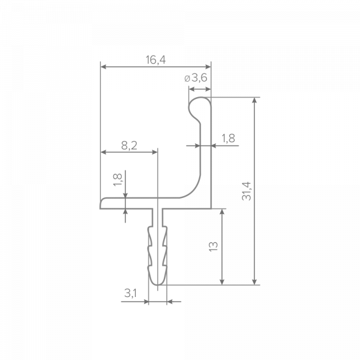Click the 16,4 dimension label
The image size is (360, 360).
pos(155,59)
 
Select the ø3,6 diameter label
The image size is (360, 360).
pos(196,78)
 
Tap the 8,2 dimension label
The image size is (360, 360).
pos(129,145)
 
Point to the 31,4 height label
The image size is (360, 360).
pos(247,191)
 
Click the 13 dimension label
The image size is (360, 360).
pos(214,247)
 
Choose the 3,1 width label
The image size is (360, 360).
pos(130,293)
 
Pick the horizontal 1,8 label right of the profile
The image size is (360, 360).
pos(228,138)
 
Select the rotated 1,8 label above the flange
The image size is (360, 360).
pos(118,180)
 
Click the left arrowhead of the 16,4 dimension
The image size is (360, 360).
pos(103,67)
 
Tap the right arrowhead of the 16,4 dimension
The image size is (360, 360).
pos(208,67)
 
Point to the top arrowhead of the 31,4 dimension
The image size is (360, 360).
pos(254,100)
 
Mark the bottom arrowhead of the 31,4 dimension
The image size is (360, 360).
pos(254,282)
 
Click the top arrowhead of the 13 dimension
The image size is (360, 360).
pos(222,212)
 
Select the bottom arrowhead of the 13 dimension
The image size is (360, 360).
pos(222,282)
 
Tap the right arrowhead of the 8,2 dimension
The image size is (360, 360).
pos(155,152)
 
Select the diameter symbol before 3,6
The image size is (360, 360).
pos(187,79)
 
